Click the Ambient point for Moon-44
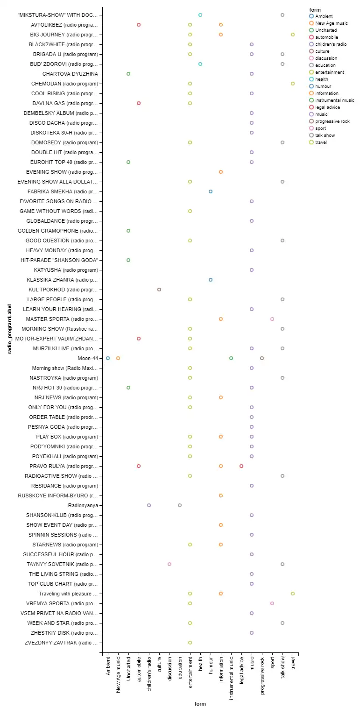coord(108,358)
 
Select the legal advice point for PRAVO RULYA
coord(241,466)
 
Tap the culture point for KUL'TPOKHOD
coord(159,290)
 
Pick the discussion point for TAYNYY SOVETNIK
coord(169,564)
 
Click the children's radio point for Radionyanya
coord(149,505)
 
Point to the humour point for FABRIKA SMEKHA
coord(211,191)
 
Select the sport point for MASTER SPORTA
coord(272,319)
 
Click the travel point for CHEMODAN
coord(293,84)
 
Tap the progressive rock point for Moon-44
coord(262,358)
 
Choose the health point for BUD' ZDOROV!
coord(200,64)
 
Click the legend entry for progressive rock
coord(332,121)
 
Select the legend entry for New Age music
coord(331,23)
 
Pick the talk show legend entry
coord(325,135)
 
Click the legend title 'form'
coord(315,10)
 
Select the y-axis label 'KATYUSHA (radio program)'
coord(66,270)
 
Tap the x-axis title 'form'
coord(200,704)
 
